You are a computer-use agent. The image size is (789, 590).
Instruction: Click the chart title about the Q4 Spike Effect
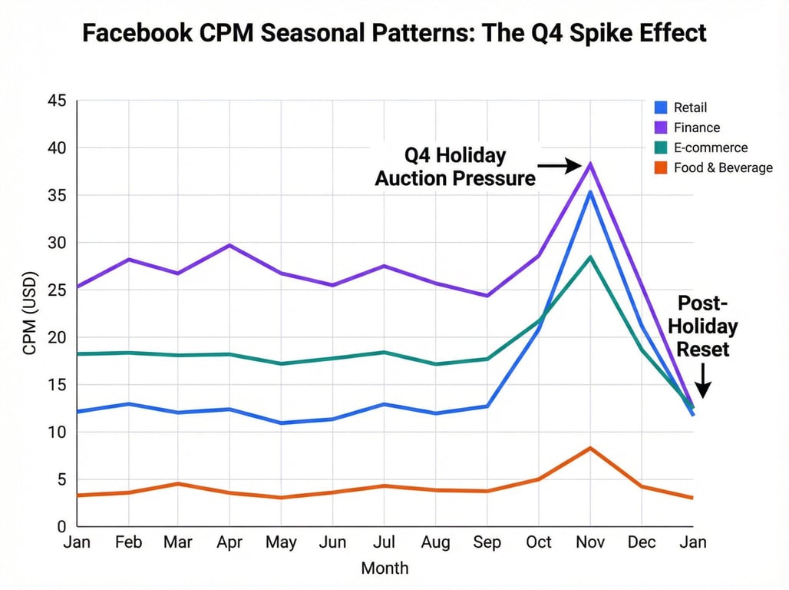[394, 34]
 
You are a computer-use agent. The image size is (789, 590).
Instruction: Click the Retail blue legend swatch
[659, 108]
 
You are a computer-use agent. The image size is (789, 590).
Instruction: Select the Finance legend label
[697, 128]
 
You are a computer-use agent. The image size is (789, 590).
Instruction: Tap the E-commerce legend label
[711, 147]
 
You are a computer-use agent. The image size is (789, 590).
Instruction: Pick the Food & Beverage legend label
[723, 167]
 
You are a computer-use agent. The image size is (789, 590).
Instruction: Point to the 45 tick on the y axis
[56, 101]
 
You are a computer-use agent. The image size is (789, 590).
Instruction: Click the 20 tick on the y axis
[56, 337]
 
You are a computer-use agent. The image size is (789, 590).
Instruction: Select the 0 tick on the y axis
[61, 527]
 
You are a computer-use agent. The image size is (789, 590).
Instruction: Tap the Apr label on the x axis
[229, 542]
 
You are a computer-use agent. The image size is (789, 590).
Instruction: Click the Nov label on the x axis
[590, 542]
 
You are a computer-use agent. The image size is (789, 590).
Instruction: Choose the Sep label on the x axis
[487, 542]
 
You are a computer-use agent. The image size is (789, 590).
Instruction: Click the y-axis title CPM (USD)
[30, 313]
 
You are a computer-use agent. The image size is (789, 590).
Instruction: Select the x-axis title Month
[385, 568]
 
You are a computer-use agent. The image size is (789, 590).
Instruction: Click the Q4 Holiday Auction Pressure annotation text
[454, 167]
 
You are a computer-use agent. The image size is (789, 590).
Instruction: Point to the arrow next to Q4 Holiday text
[560, 165]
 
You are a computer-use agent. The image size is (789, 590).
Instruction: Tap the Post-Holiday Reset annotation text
[706, 326]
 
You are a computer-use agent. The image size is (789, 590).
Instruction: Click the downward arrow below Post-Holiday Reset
[702, 382]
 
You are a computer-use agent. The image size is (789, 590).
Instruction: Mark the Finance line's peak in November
[590, 163]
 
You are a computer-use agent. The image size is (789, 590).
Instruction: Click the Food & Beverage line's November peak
[590, 448]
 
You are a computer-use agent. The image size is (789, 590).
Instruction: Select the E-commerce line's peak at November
[590, 257]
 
